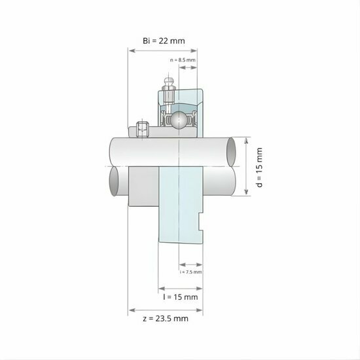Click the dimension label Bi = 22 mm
click(164, 41)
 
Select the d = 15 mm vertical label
click(259, 168)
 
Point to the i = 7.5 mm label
click(190, 271)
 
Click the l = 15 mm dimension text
click(180, 297)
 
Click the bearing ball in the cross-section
click(178, 120)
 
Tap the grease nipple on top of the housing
click(168, 85)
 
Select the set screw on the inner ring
click(141, 129)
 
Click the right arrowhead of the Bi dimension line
click(200, 51)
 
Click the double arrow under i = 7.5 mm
click(190, 264)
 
